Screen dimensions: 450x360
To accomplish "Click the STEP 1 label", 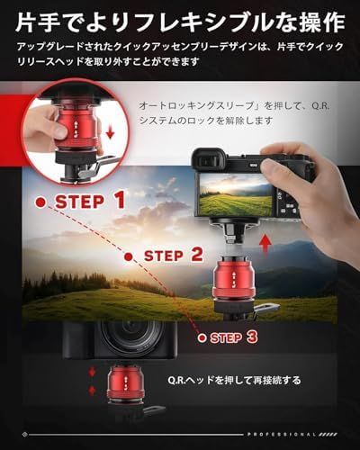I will pyautogui.click(x=90, y=202).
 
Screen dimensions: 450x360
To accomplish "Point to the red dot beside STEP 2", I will pyautogui.click(x=129, y=256).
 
